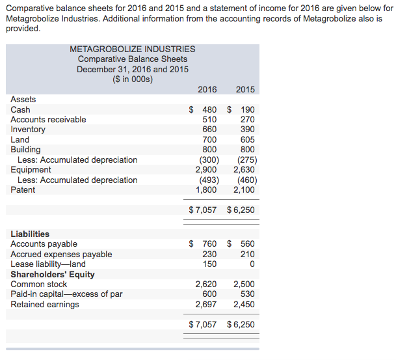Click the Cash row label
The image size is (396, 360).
(20, 109)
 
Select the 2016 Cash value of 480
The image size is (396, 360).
(209, 109)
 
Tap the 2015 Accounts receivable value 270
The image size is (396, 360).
(248, 120)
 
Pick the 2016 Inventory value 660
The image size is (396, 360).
(209, 130)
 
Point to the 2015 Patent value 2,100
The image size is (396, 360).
(244, 190)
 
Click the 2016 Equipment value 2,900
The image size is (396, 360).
(206, 170)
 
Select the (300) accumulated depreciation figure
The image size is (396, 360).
(208, 160)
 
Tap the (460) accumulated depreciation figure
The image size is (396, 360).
(246, 180)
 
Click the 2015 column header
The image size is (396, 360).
(245, 89)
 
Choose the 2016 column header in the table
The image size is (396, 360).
(207, 89)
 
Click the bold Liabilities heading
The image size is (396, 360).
(30, 234)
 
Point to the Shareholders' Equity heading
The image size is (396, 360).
(53, 274)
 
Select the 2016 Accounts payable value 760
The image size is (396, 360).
(209, 244)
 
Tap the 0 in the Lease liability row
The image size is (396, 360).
(252, 264)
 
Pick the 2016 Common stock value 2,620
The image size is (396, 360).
(206, 284)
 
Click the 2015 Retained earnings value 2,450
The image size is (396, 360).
(244, 305)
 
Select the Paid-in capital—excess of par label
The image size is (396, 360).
(66, 294)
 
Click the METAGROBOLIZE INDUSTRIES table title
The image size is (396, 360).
(132, 49)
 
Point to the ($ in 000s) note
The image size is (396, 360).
(132, 79)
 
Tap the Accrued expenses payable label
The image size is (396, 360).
(61, 254)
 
